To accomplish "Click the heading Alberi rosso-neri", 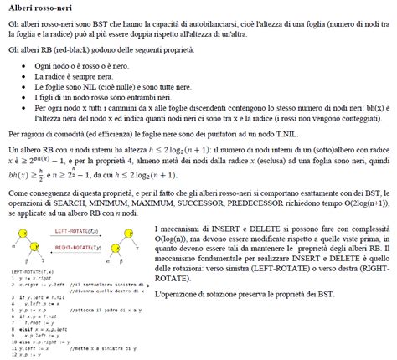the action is (39, 8).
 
